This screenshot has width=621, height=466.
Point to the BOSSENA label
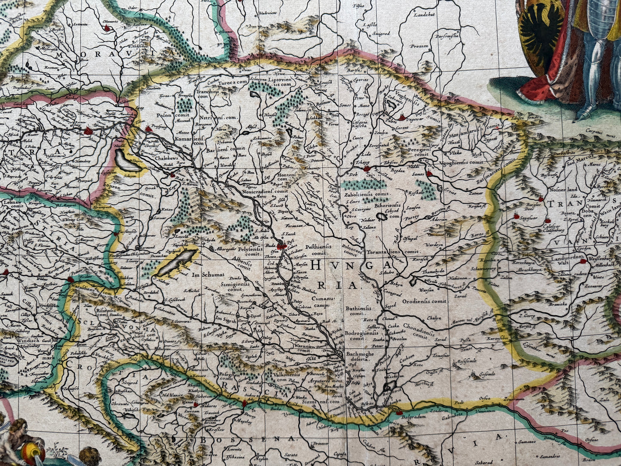[x=247, y=439]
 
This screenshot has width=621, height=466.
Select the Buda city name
[x=270, y=245]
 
